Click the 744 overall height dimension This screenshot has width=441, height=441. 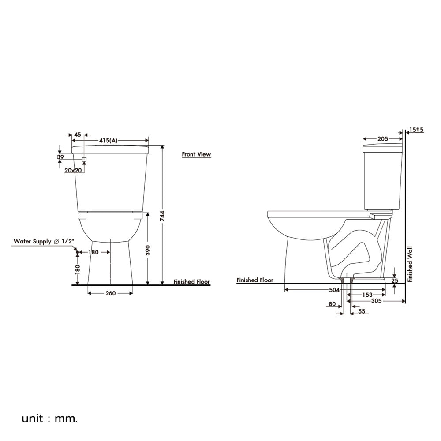(x=162, y=216)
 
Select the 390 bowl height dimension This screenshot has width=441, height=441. (x=148, y=250)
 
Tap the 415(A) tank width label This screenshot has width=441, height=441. (x=108, y=141)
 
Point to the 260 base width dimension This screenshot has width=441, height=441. (x=111, y=293)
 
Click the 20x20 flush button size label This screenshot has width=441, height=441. (x=73, y=170)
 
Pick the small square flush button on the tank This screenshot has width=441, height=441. (x=84, y=159)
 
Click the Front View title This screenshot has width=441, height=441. (x=196, y=154)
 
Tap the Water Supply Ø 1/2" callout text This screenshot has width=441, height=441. (x=44, y=241)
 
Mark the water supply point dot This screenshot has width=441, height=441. (x=77, y=252)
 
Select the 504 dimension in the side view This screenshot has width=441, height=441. (x=334, y=290)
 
